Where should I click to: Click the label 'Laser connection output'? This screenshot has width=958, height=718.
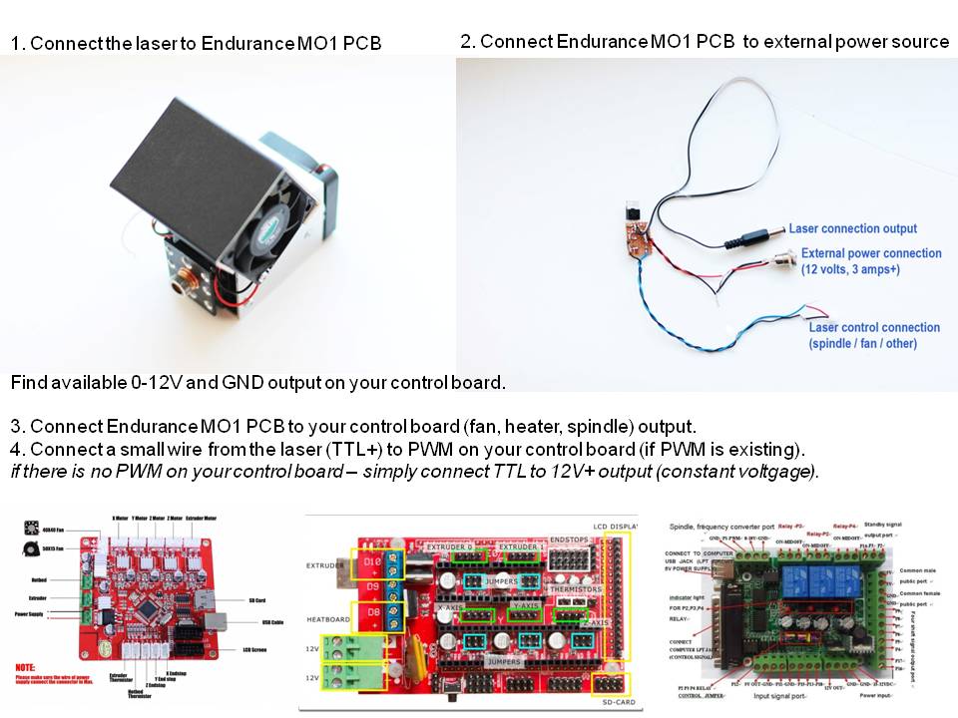coord(853,228)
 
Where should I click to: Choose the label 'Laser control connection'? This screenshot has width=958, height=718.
coord(874,327)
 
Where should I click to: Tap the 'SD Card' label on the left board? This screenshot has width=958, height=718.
coord(256,599)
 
